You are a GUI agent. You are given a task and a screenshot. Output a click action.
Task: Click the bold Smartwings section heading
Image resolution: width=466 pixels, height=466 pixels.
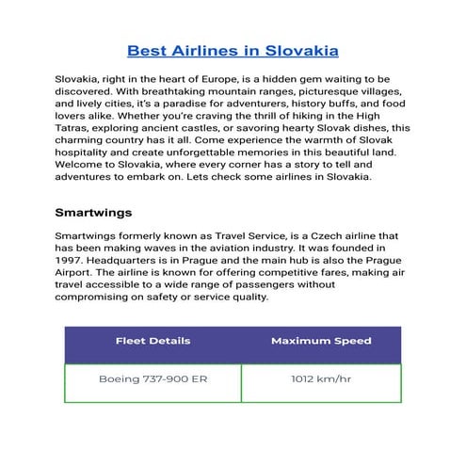point(93,212)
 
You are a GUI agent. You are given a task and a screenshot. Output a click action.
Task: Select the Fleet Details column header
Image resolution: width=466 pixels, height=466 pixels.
point(153,341)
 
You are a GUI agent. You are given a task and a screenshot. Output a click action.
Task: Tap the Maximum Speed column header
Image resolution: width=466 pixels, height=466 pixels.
point(321,341)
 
